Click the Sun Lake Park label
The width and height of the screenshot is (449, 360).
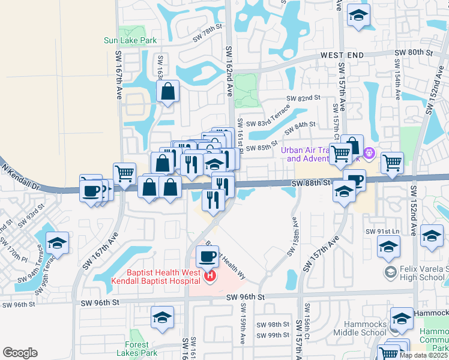point(130,41)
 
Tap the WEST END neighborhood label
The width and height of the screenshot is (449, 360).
point(342,55)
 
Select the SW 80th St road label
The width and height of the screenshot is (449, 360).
point(414,53)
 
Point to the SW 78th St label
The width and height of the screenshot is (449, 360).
point(207,37)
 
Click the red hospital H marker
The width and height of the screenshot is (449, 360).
point(210,277)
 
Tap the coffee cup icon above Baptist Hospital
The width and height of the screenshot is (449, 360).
point(208,257)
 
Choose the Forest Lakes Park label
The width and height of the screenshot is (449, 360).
point(140,349)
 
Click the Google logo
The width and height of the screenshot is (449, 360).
point(20,353)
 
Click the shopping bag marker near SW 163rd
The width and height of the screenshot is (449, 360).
point(168,92)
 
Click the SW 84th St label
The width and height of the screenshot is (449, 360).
point(300,128)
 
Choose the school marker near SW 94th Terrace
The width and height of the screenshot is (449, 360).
point(57,242)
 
